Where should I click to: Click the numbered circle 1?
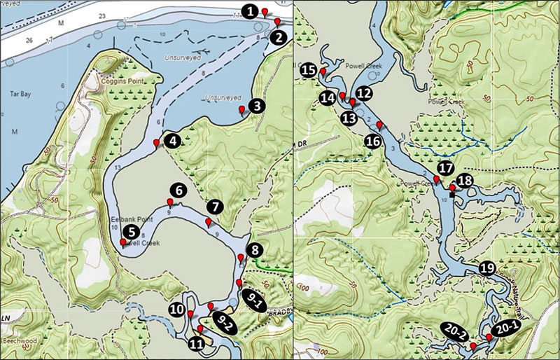click(x=250, y=12)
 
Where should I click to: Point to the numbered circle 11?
click(x=197, y=344)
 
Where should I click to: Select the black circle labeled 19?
click(x=487, y=268)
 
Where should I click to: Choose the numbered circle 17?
click(x=446, y=167)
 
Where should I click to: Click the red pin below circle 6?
click(x=170, y=203)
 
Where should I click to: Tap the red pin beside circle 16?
click(x=379, y=125)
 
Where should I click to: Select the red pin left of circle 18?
click(x=452, y=188)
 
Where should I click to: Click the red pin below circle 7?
click(x=208, y=222)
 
